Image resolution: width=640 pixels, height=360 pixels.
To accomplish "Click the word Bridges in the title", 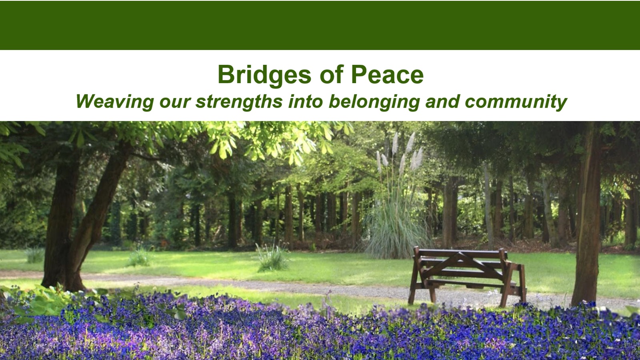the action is [264, 75].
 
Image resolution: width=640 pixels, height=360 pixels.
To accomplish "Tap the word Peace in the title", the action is [387, 74].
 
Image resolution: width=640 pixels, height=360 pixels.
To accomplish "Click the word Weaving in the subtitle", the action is [115, 102].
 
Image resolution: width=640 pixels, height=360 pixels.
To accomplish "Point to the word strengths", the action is [239, 102].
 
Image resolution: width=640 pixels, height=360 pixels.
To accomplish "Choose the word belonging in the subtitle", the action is [374, 102].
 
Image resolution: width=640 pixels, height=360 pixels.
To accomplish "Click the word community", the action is [516, 102].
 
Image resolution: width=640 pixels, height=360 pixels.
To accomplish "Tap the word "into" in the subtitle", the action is [306, 101].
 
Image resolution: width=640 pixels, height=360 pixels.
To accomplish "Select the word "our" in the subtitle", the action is [175, 102].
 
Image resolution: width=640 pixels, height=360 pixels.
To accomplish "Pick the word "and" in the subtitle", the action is [442, 102].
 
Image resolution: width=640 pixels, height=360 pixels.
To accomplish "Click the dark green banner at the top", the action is [320, 25].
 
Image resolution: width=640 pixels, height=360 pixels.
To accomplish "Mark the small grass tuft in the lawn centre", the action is [272, 257].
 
